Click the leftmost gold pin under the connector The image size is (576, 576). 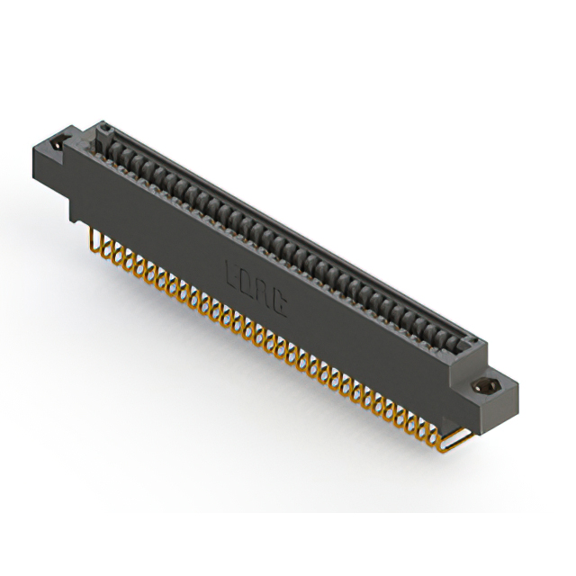(x=94, y=236)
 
